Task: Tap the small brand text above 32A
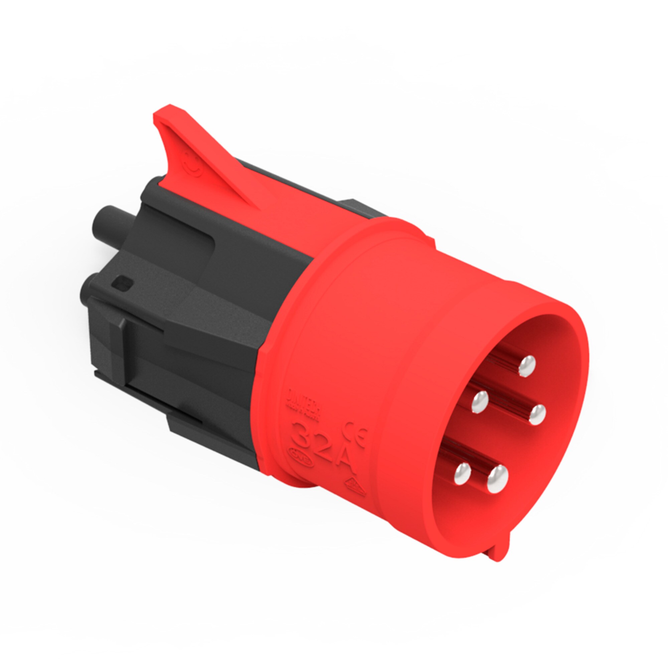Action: coord(298,403)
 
